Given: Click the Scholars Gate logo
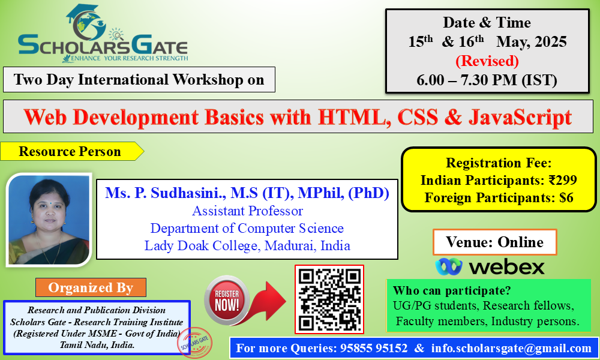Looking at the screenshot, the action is [x=103, y=34].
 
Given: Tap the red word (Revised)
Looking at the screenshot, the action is [x=487, y=61].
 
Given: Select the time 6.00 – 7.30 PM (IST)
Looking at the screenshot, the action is [x=487, y=80].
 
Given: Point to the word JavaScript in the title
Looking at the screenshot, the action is [x=520, y=118].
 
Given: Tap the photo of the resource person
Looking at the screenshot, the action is [x=49, y=220].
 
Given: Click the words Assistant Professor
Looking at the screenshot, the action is [x=248, y=211].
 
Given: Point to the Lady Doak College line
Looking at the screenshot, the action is [x=247, y=245].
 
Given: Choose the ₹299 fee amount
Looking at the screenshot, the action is [x=563, y=180].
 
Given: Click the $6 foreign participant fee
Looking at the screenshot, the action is [x=566, y=197].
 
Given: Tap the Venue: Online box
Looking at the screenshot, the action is [x=495, y=242].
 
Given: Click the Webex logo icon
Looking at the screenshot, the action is [x=448, y=266].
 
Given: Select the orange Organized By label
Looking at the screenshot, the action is [x=91, y=287].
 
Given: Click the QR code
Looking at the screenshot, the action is [x=329, y=299].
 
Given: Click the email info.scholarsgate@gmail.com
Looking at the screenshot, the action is [x=511, y=348].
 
